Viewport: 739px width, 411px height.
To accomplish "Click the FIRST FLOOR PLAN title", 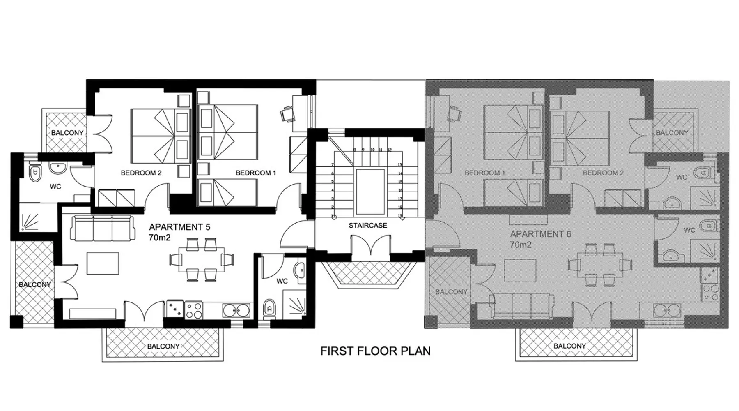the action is point(375,351).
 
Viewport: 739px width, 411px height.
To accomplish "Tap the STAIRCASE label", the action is point(368,225).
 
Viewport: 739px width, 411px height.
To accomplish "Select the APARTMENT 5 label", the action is point(179,227).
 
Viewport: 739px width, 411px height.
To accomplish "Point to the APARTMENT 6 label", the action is point(540,234).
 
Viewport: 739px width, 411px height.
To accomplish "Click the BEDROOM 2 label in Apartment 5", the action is point(141,173).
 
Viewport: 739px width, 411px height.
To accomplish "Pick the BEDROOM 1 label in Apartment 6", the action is point(485,173).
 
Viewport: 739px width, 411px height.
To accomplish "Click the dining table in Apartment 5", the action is point(202,259).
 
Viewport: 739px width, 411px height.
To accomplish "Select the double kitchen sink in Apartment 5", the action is point(236,310).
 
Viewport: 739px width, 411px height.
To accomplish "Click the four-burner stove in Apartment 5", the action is point(193,310).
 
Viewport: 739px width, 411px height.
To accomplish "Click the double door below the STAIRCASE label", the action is point(371,245).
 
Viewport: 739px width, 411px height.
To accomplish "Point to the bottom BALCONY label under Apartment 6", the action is point(569,346).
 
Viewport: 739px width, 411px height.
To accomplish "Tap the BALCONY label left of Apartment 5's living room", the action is point(35,284).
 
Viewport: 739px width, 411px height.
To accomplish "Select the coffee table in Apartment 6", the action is point(520,271).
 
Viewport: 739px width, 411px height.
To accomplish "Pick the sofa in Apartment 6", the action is point(521,306).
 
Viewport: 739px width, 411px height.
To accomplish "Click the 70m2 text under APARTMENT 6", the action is point(521,245).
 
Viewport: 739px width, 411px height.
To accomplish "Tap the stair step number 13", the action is point(399,165).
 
